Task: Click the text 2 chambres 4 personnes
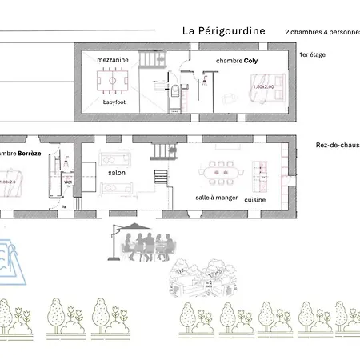click(322, 32)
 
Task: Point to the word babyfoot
click(113, 102)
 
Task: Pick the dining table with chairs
click(220, 171)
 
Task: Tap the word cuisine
click(255, 198)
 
